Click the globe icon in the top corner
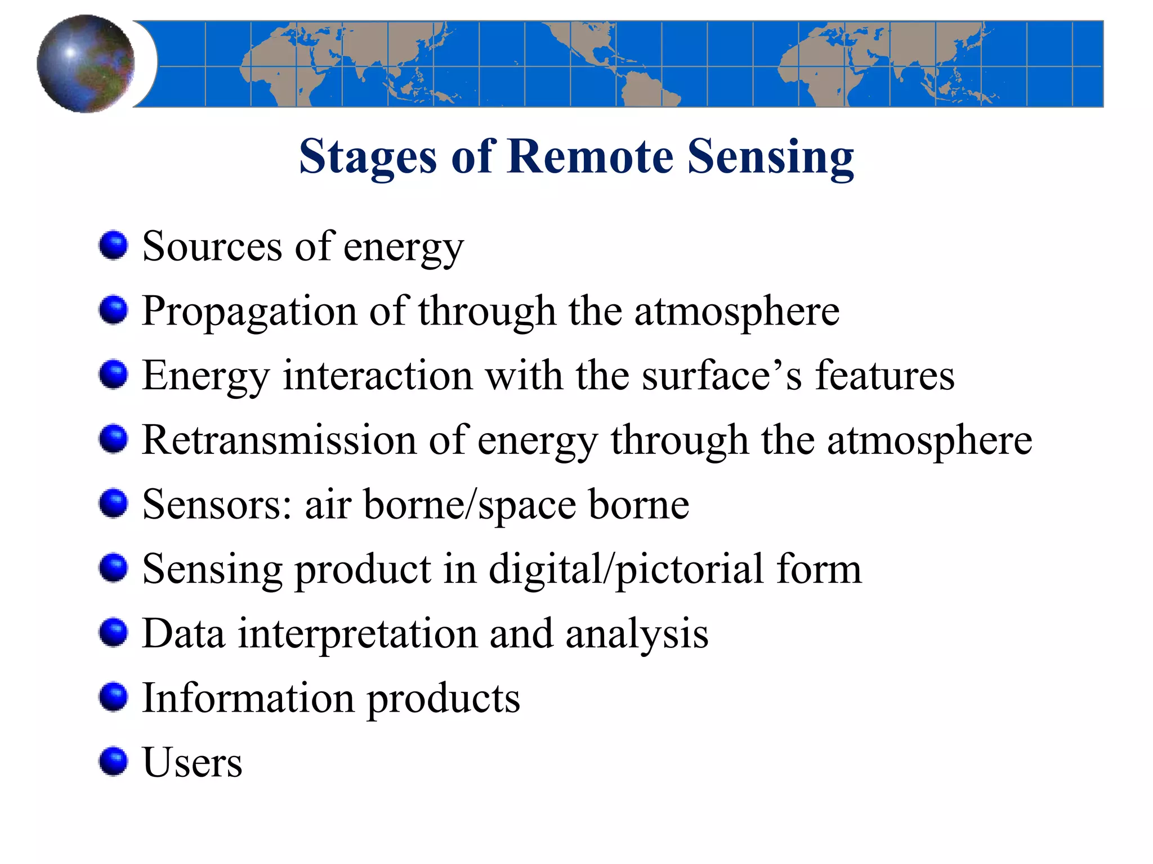click(x=86, y=64)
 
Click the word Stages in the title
click(x=367, y=157)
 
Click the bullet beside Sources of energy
click(x=114, y=245)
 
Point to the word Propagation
click(x=249, y=311)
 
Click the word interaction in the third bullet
click(x=377, y=375)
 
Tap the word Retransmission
click(x=279, y=440)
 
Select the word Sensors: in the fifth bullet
click(x=217, y=505)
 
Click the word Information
click(x=248, y=698)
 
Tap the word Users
click(x=193, y=763)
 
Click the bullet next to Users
click(x=114, y=761)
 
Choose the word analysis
click(x=637, y=634)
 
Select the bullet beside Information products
click(x=114, y=697)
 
